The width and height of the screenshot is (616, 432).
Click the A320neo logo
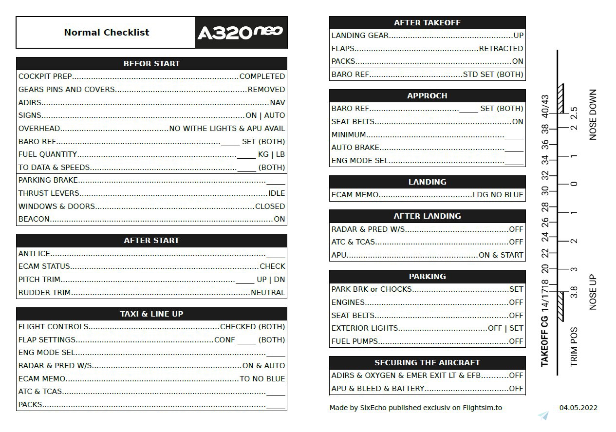240,33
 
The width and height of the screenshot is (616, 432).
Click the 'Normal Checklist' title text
107,33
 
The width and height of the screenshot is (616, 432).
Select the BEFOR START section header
151,64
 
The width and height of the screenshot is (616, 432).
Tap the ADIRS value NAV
278,103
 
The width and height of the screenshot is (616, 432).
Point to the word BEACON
34,219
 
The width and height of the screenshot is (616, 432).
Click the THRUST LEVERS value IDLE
277,193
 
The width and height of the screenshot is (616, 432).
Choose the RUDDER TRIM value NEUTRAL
268,293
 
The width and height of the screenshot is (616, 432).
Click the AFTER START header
151,241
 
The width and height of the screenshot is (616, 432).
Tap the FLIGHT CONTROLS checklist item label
54,327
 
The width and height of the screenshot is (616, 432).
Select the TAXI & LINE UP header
151,314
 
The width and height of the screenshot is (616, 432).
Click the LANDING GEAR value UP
518,36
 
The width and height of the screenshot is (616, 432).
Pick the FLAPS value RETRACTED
501,49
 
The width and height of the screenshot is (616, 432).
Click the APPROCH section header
427,96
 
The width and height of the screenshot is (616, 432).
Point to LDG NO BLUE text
498,195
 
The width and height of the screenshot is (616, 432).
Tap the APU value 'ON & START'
501,255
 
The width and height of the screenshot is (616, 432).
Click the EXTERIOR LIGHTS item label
365,328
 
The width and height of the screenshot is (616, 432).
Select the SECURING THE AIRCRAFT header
427,363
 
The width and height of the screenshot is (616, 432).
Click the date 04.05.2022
578,408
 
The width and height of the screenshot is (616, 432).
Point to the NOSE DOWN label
593,115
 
